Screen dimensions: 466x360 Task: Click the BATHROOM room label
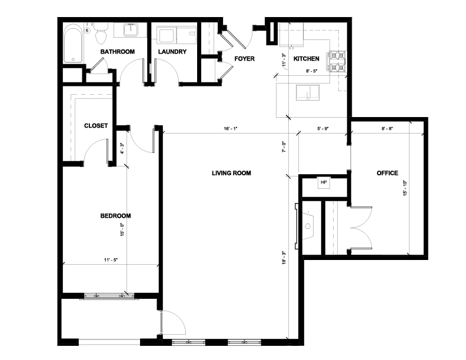[x=118, y=52]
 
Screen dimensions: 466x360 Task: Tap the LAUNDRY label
[x=172, y=52]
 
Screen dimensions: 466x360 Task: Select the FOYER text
[x=245, y=59]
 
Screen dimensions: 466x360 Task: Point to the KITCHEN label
[x=307, y=59]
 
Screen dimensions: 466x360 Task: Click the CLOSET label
[x=96, y=126]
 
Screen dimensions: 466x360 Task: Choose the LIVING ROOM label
[x=231, y=173]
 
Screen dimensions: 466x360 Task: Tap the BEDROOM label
[x=115, y=216]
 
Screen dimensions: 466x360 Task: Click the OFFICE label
[x=387, y=173]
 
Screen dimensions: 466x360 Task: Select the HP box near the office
[x=324, y=182]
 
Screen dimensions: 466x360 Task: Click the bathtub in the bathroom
[x=73, y=45]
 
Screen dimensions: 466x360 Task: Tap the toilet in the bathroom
[x=101, y=34]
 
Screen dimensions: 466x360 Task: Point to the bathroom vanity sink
[x=131, y=29]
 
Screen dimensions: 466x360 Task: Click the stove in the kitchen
[x=337, y=62]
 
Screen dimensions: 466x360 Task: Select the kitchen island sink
[x=308, y=92]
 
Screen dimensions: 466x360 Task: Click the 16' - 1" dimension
[x=231, y=129]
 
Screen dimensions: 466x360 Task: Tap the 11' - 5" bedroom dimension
[x=111, y=260]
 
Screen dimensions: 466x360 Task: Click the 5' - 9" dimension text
[x=323, y=129]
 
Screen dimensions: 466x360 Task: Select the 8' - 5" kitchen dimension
[x=312, y=71]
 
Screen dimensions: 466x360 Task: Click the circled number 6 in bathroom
[x=87, y=31]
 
